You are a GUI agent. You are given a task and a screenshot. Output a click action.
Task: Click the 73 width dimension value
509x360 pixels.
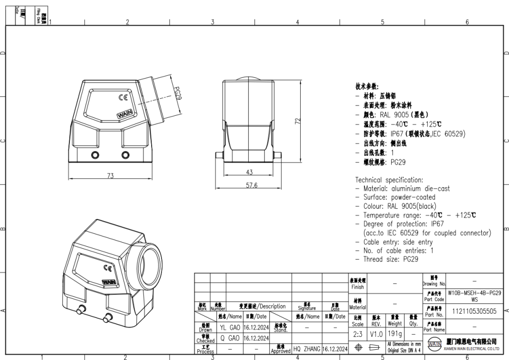click(x=110, y=176)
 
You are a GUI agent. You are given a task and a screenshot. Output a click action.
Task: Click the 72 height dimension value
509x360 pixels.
click(x=297, y=121)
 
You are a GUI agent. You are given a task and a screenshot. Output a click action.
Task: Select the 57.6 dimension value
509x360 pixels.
click(x=251, y=185)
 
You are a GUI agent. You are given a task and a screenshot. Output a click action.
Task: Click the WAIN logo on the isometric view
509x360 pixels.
click(x=108, y=282)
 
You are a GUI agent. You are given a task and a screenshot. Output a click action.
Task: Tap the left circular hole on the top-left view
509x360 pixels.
click(x=95, y=155)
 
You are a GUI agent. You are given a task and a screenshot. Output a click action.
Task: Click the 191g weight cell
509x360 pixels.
click(x=394, y=334)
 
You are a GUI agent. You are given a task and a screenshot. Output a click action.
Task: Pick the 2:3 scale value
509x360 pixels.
click(x=358, y=334)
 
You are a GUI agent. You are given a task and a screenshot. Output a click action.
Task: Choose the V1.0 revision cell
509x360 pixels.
click(x=376, y=334)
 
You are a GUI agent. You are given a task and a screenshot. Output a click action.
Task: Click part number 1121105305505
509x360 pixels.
click(x=474, y=311)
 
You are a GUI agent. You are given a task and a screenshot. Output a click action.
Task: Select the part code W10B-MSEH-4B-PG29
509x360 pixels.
click(x=474, y=292)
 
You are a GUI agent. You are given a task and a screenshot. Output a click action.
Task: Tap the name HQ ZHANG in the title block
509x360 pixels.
click(x=307, y=349)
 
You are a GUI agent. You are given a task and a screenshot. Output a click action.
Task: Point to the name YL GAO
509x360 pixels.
click(x=230, y=327)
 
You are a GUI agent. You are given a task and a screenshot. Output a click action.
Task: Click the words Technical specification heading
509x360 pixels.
click(x=389, y=180)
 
